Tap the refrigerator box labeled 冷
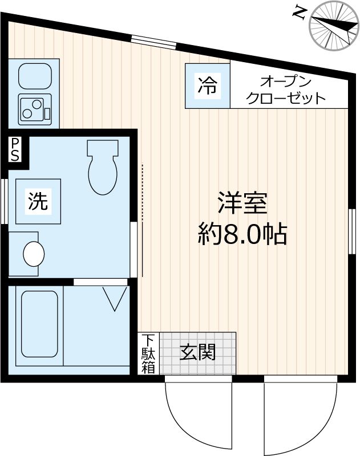click(207, 85)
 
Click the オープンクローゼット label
click(285, 89)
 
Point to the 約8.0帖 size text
click(242, 234)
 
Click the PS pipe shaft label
click(14, 149)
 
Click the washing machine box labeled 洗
click(39, 201)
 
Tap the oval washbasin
click(34, 253)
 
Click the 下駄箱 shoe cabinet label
click(148, 353)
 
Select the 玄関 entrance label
click(198, 352)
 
